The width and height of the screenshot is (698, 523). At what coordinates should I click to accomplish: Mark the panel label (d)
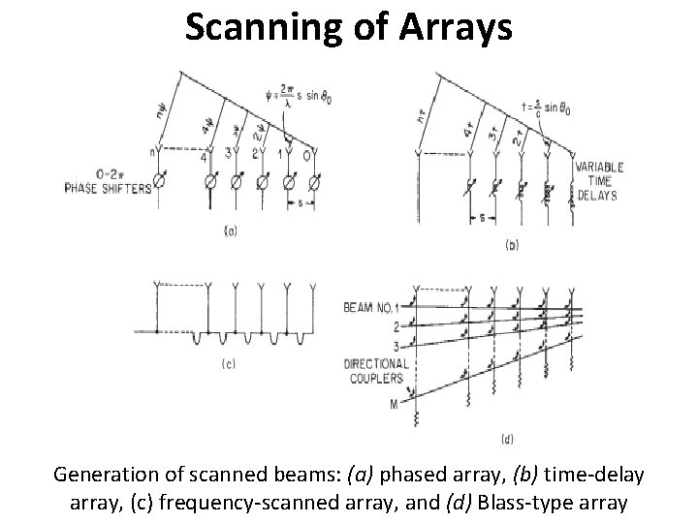click(506, 441)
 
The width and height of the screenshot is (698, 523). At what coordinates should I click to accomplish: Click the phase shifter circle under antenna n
click(165, 180)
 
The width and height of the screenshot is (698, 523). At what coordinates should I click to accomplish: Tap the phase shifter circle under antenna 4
click(208, 181)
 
